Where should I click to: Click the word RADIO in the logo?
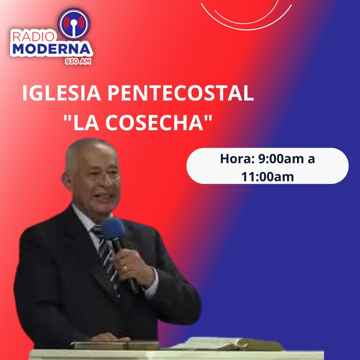tap(33, 37)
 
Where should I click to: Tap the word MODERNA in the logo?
tap(52, 49)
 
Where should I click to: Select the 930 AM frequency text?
tap(78, 61)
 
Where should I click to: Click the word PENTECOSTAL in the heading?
tap(181, 93)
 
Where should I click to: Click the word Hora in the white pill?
tap(237, 159)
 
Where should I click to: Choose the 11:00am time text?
tap(268, 176)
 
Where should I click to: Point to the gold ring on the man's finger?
tap(124, 268)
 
